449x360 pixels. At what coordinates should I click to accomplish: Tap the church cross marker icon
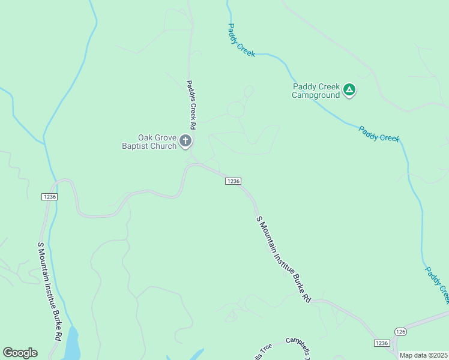click(185, 142)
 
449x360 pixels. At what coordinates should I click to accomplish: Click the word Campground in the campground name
click(316, 95)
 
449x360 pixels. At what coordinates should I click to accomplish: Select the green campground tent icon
click(349, 91)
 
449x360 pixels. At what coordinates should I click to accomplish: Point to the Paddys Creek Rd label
click(191, 106)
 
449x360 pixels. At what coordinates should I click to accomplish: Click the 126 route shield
click(401, 331)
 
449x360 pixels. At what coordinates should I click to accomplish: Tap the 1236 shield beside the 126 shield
click(381, 343)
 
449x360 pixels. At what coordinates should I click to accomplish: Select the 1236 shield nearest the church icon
click(234, 181)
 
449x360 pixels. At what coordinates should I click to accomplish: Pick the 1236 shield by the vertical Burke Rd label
click(49, 197)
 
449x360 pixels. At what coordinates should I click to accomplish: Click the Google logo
click(20, 353)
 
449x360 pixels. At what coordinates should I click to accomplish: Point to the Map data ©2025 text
click(424, 355)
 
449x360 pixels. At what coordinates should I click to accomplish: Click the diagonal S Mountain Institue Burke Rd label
click(284, 259)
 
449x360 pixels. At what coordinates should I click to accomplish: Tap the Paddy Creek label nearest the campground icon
click(379, 134)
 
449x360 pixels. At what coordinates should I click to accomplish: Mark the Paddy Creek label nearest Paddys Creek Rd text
click(241, 40)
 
